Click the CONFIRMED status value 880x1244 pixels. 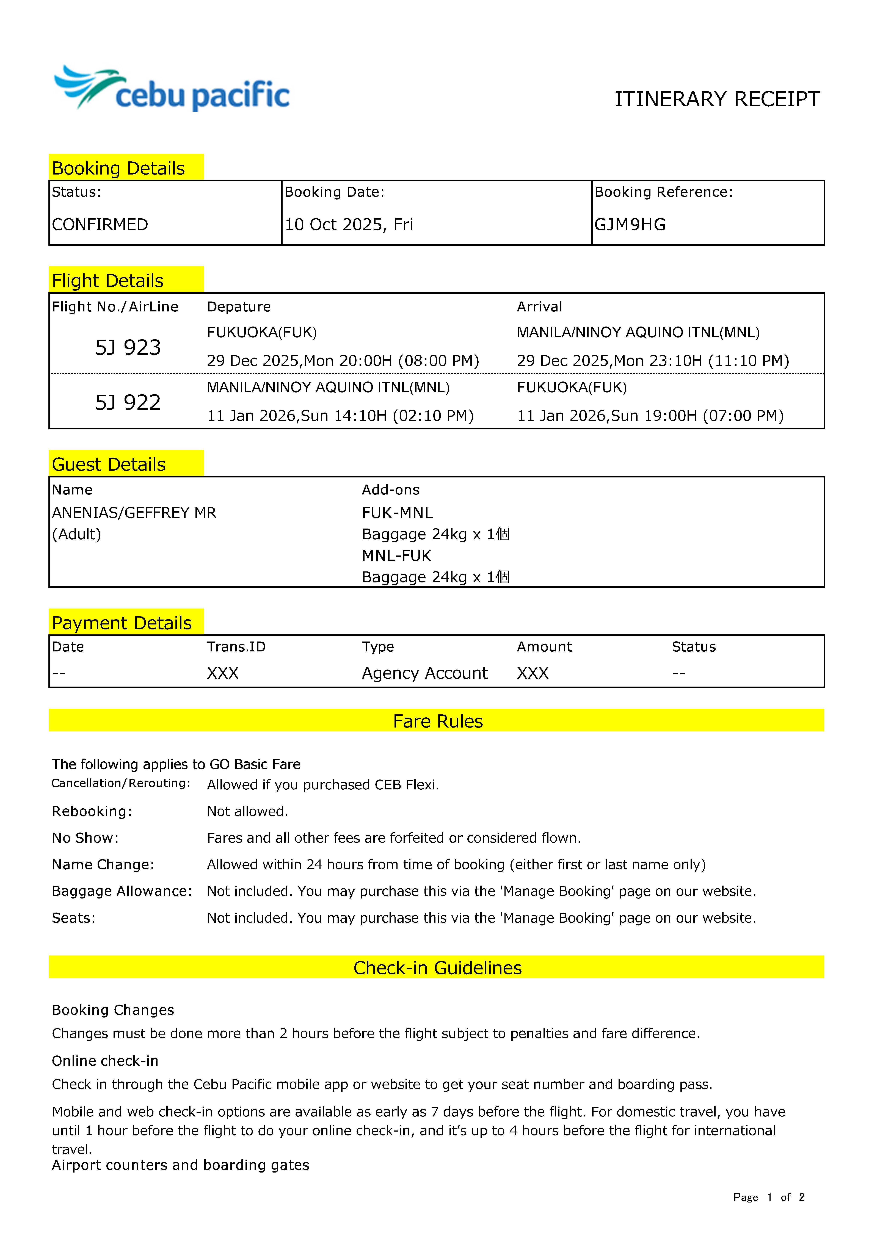100,224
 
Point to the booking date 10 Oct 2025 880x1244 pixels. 348,224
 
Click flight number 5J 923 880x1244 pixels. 128,347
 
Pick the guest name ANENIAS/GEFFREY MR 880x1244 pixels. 134,513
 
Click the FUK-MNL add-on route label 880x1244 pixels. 397,513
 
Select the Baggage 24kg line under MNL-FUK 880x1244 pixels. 436,577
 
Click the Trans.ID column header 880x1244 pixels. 236,647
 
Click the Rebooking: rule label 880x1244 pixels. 92,811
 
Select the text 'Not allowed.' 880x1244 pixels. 247,811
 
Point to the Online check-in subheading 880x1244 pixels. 105,1061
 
